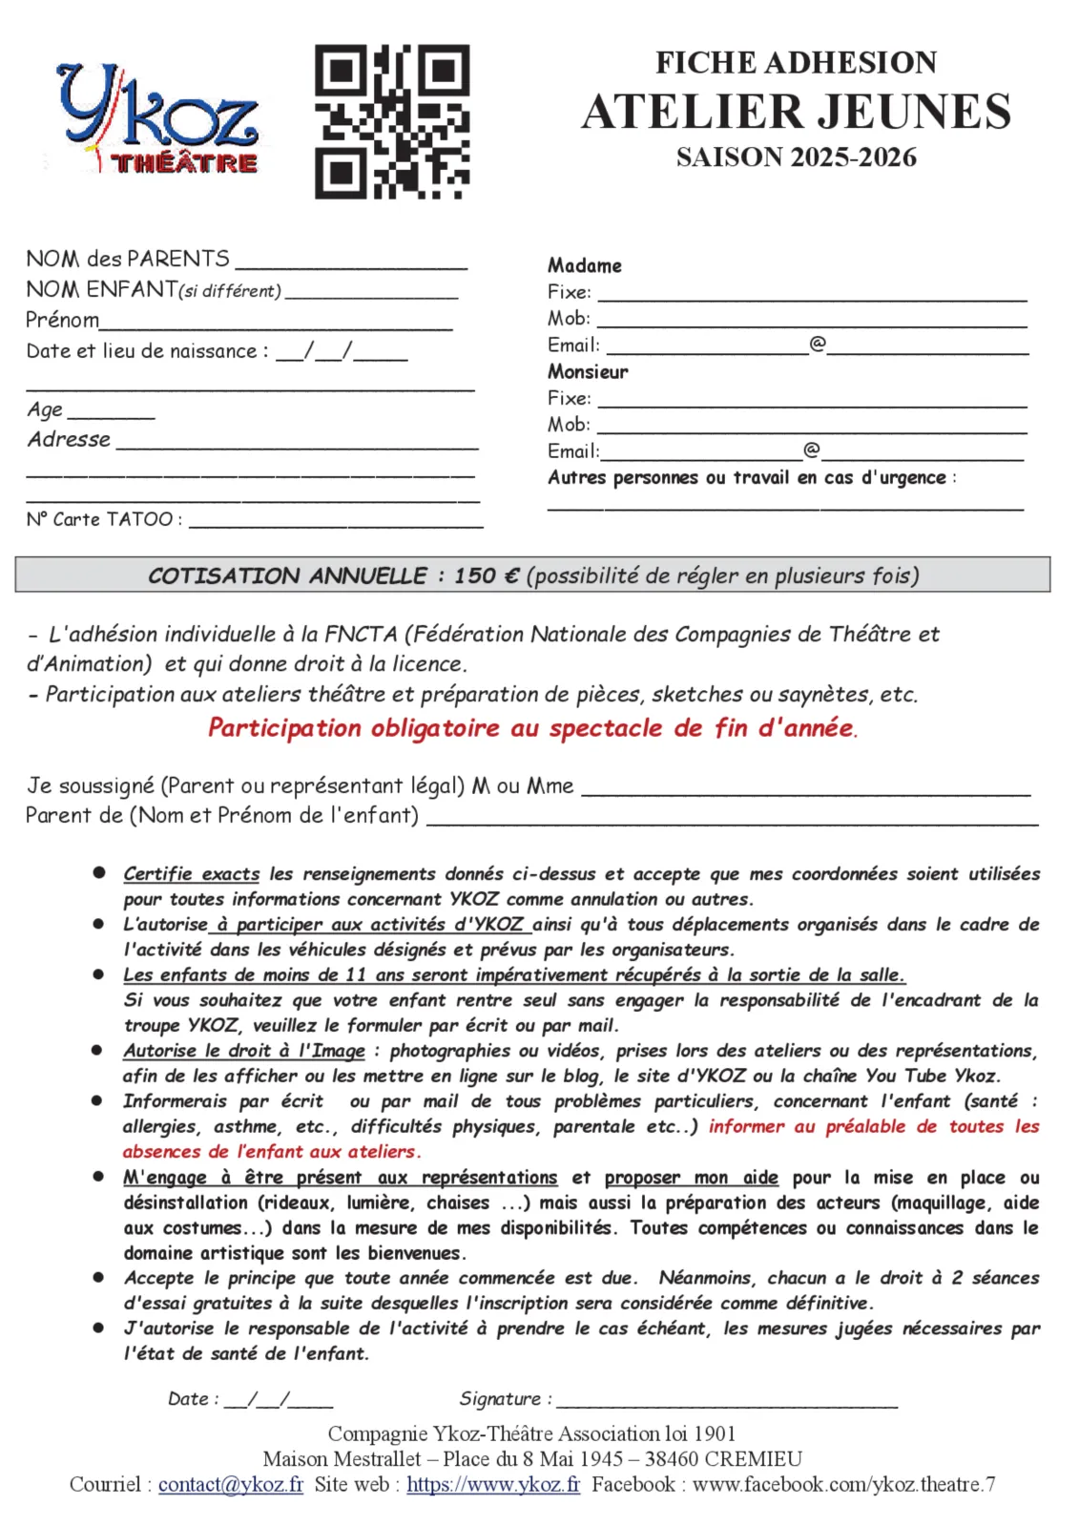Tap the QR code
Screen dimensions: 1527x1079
coord(392,121)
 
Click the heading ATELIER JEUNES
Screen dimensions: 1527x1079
coord(796,112)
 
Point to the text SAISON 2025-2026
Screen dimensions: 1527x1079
coord(796,157)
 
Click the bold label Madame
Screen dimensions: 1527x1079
coord(584,266)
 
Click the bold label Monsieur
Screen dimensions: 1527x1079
coord(588,372)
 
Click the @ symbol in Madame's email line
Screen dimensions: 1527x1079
coord(818,344)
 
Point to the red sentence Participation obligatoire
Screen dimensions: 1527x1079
coord(532,728)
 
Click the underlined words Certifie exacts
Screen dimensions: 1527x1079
coord(191,873)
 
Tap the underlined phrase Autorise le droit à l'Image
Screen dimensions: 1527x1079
coord(244,1051)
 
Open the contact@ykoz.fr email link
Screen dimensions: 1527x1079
coord(231,1485)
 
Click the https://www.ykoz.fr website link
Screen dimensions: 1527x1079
coord(493,1485)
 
